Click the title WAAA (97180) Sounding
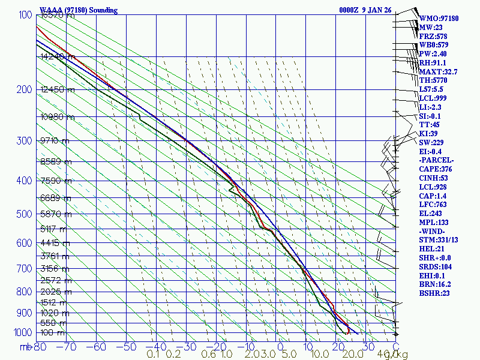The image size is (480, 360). click(x=79, y=10)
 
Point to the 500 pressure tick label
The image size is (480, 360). click(x=23, y=214)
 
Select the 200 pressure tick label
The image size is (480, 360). click(x=23, y=89)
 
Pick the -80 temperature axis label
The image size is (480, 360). click(x=40, y=346)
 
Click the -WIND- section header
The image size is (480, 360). click(x=433, y=231)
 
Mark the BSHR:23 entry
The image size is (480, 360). click(x=434, y=293)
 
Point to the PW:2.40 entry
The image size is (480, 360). click(x=434, y=54)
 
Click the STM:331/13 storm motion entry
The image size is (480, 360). click(x=440, y=240)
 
